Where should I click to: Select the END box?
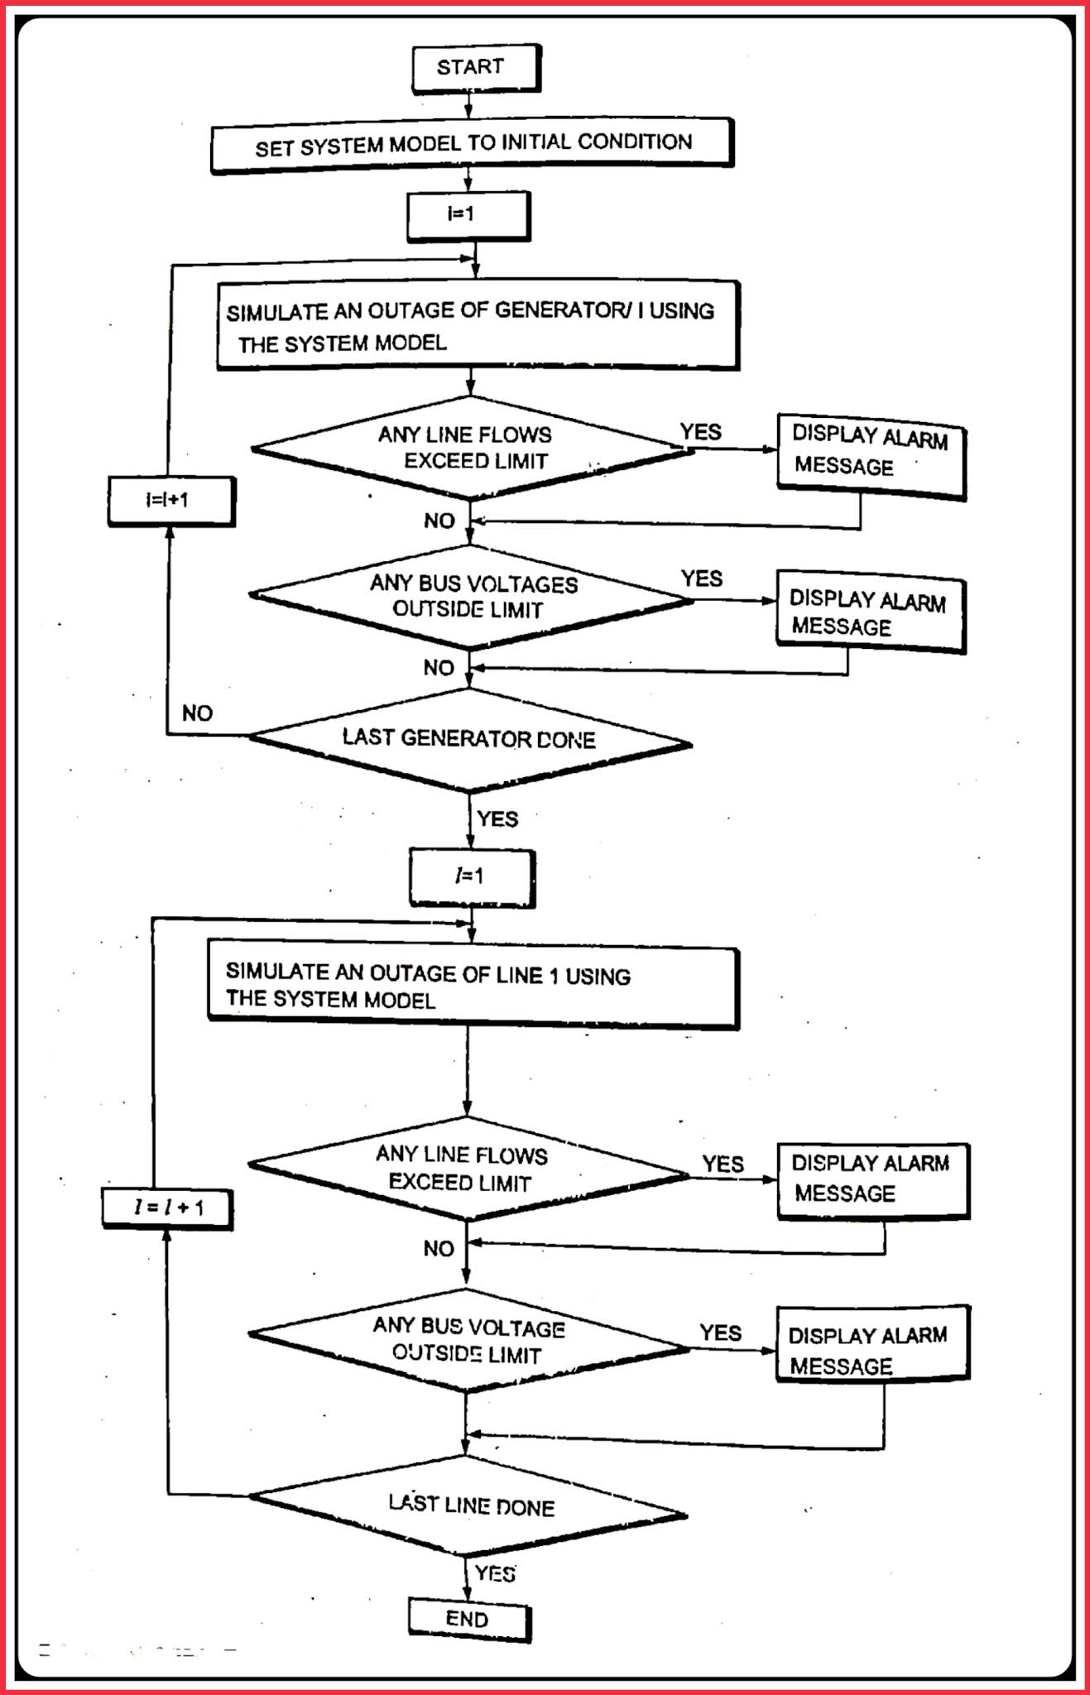(x=468, y=1619)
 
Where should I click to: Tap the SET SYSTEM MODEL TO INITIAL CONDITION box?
(x=472, y=144)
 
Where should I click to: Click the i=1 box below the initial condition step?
(x=468, y=215)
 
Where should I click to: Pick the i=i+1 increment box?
(x=170, y=501)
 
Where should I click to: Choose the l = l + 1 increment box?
(x=167, y=1208)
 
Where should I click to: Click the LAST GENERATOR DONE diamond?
(x=469, y=739)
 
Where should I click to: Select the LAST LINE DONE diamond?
(x=469, y=1506)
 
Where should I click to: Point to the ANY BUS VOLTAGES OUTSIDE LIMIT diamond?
(x=472, y=596)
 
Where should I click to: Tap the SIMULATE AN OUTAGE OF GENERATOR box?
(x=477, y=325)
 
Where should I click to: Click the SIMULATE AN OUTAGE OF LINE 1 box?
(x=472, y=985)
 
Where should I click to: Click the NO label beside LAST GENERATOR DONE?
(x=197, y=713)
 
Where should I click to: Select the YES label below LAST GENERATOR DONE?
(x=497, y=819)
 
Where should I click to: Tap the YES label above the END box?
(x=495, y=1573)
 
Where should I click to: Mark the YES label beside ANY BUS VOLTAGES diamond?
(x=702, y=579)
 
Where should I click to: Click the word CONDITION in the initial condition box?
(x=635, y=142)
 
